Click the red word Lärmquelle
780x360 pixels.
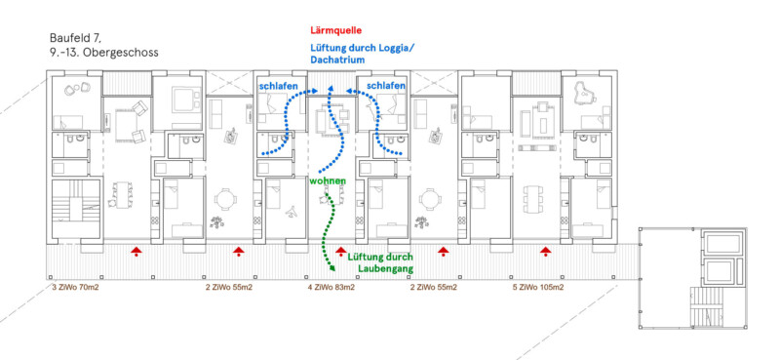pyautogui.click(x=335, y=30)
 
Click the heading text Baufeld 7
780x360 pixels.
pyautogui.click(x=76, y=38)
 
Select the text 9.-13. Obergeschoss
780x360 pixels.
pyautogui.click(x=104, y=53)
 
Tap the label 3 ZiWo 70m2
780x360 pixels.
pyautogui.click(x=76, y=287)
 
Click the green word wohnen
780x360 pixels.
pyautogui.click(x=328, y=180)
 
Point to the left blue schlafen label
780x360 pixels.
pyautogui.click(x=278, y=86)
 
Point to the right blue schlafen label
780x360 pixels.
pyautogui.click(x=386, y=86)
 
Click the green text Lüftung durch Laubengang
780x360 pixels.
pyautogui.click(x=380, y=262)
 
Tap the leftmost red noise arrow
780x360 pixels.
pyautogui.click(x=136, y=252)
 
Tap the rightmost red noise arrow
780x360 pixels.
pyautogui.click(x=546, y=252)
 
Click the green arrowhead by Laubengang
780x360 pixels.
pyautogui.click(x=332, y=269)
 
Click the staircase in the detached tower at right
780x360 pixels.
pyautogui.click(x=706, y=307)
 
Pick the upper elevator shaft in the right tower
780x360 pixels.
pyautogui.click(x=720, y=244)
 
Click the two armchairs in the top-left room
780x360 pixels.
pyautogui.click(x=77, y=89)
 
